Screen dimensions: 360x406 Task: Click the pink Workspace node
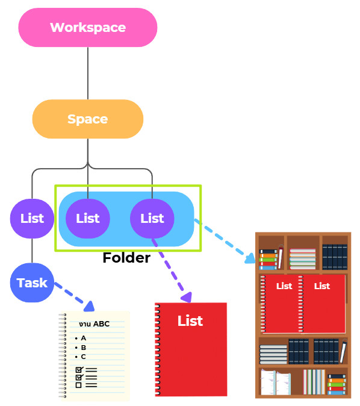88,28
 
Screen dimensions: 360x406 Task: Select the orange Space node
88,119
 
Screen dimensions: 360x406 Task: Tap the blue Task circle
32,283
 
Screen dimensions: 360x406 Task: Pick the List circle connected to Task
32,219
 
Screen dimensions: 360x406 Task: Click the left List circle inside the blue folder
88,219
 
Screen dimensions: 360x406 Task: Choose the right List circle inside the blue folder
152,219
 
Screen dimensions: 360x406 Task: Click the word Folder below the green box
126,258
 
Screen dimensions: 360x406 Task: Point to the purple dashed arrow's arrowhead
187,297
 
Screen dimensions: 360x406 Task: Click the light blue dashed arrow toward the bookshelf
225,242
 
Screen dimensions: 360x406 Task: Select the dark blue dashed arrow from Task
74,297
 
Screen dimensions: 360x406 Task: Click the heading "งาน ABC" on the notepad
94,324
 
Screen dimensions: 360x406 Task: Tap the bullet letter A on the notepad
83,338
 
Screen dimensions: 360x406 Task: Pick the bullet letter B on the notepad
83,348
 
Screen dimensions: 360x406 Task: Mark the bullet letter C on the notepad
83,357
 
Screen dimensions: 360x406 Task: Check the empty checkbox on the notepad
79,385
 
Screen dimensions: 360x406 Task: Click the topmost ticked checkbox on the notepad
79,370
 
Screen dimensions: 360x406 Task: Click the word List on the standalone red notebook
190,321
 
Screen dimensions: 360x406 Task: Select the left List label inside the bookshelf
284,286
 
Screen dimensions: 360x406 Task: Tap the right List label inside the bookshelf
322,286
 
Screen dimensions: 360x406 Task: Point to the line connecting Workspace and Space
88,73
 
